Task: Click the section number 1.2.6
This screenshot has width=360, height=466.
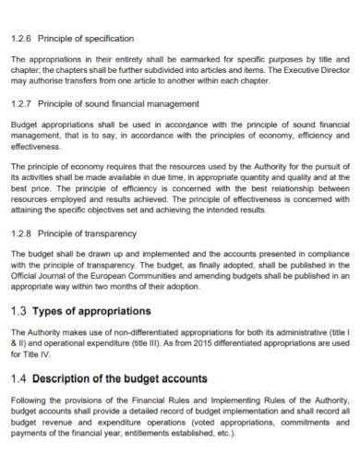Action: pyautogui.click(x=20, y=39)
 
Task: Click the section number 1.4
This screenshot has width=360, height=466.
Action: pyautogui.click(x=19, y=378)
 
